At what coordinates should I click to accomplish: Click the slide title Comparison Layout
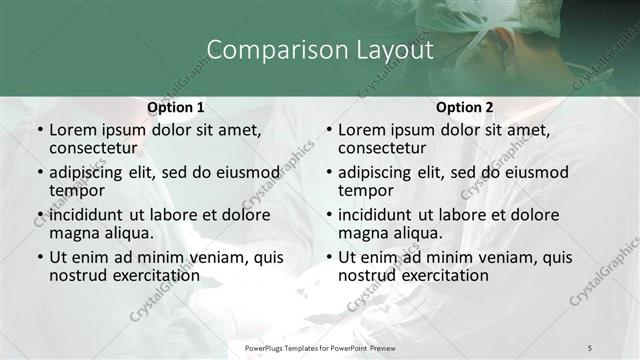319,49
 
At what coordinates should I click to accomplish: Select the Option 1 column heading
175,107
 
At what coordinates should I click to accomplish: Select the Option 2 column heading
464,107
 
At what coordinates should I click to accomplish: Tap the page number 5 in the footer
590,346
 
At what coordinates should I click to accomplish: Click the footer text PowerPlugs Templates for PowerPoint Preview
319,346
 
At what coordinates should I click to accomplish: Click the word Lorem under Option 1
73,130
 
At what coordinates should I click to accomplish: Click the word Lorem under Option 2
362,130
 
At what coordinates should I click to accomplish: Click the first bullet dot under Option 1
39,131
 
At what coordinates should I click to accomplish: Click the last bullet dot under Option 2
328,258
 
